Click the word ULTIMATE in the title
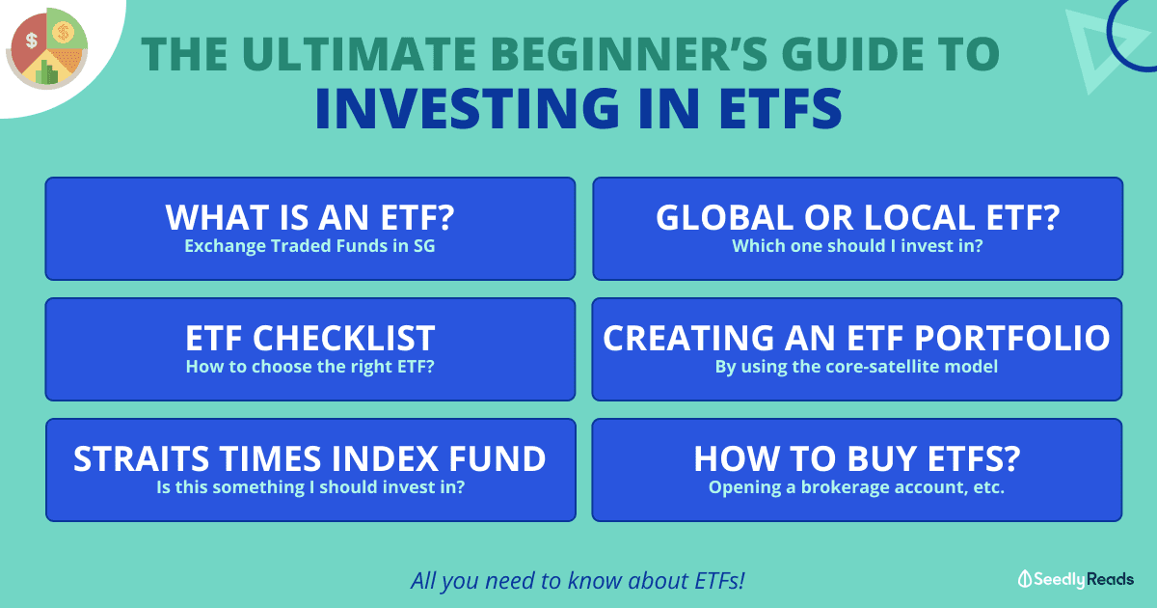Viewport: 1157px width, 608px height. click(x=359, y=54)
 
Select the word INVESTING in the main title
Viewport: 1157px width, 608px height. click(x=468, y=108)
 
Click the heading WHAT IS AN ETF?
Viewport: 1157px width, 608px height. click(x=309, y=217)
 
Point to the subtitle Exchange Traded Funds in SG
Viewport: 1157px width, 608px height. click(x=309, y=246)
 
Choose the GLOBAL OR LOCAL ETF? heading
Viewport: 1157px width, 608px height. click(x=857, y=217)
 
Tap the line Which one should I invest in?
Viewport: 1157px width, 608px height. click(x=857, y=246)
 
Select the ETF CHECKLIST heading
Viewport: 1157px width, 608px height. click(x=309, y=338)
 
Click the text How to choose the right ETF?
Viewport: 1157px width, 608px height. click(x=309, y=367)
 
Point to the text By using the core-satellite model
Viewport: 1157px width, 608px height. click(x=856, y=367)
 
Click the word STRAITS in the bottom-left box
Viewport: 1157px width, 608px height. click(x=141, y=458)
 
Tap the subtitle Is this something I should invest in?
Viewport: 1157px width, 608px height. click(x=310, y=487)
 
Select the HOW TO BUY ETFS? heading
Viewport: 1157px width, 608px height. click(x=857, y=458)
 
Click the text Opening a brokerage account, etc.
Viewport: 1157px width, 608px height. click(x=856, y=487)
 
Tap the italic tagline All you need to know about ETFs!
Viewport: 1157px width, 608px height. click(x=578, y=581)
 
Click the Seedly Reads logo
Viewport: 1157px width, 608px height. click(x=1075, y=579)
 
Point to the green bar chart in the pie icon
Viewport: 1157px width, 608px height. click(x=47, y=71)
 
